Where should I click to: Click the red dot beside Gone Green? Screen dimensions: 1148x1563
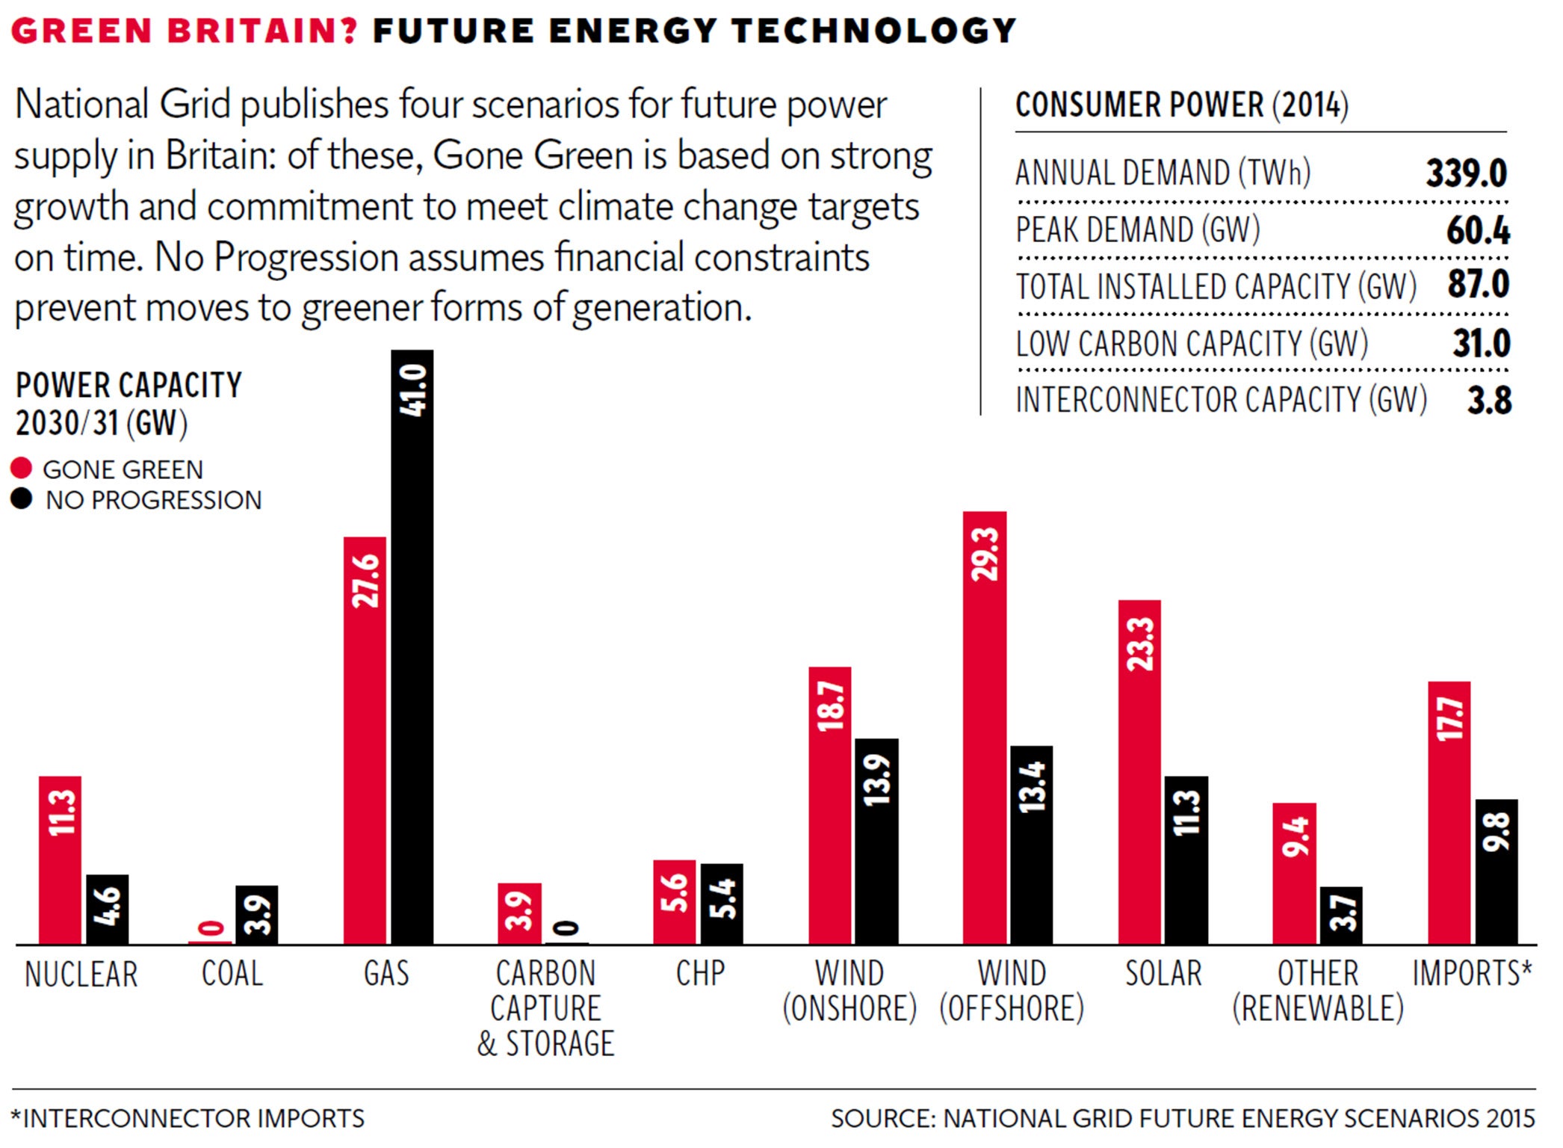(x=22, y=469)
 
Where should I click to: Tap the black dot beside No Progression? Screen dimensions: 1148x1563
(x=22, y=499)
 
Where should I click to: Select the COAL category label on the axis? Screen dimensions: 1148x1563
(x=232, y=974)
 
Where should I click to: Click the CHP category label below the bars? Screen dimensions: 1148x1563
(x=700, y=974)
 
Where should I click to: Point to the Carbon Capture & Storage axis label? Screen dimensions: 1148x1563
(x=545, y=1008)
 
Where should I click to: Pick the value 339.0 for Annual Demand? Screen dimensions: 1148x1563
(x=1466, y=173)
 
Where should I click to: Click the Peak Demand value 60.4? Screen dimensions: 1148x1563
(x=1477, y=230)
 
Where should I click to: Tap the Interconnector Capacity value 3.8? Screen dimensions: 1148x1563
(x=1488, y=401)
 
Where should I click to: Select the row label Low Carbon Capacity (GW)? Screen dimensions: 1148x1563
(x=1192, y=344)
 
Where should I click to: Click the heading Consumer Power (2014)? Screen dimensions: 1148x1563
(x=1181, y=105)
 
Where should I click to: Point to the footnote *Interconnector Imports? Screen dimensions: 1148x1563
(x=188, y=1118)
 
